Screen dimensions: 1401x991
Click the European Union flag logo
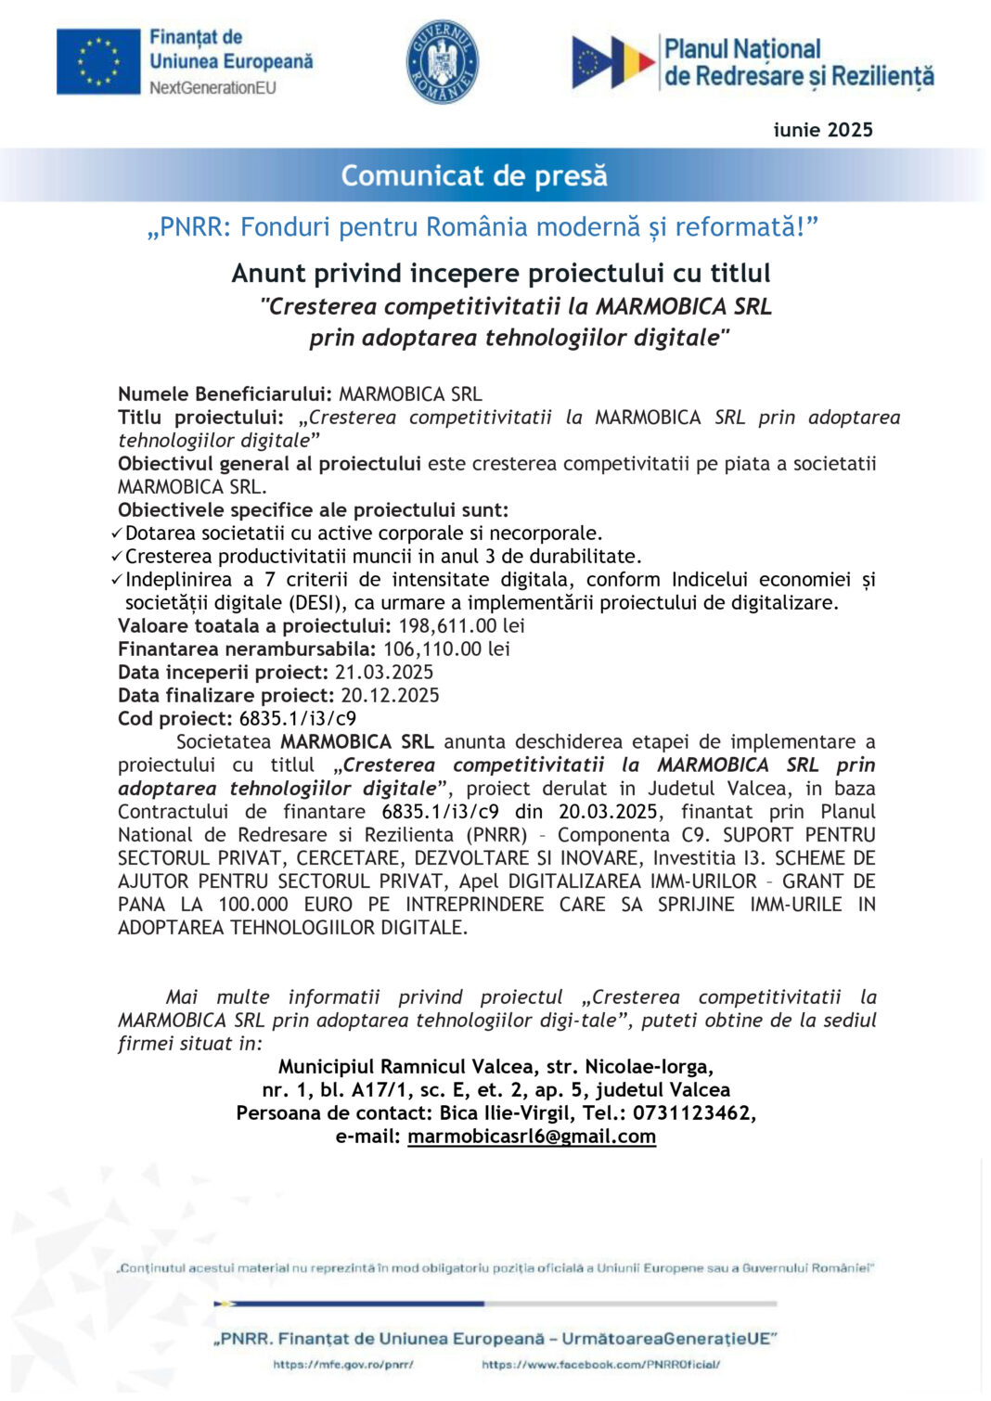(98, 61)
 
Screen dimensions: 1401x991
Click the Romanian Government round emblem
(443, 62)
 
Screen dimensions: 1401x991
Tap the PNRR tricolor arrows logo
(612, 61)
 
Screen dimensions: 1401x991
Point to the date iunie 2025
(823, 130)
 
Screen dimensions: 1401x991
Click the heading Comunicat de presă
(474, 175)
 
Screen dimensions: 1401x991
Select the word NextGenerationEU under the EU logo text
(212, 88)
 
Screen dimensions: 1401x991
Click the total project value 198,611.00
(447, 626)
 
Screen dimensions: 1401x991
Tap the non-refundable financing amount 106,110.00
(432, 649)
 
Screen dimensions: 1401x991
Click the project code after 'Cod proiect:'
(297, 719)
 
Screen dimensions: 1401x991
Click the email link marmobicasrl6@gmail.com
(532, 1137)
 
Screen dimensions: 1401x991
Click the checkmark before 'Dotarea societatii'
(116, 533)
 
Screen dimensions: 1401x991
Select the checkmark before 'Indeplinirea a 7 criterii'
(116, 580)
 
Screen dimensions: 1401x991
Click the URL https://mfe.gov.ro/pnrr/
(343, 1365)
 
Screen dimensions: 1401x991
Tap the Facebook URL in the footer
(600, 1365)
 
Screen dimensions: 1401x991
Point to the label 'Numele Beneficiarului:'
(225, 394)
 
